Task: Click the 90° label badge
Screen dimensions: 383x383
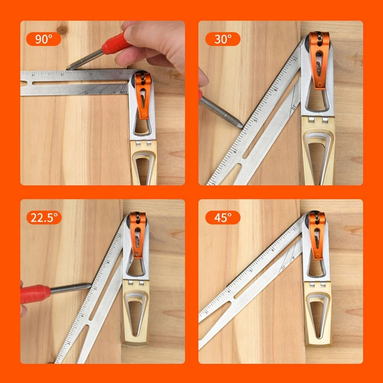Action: coord(43,39)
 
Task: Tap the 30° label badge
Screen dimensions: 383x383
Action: coord(223,39)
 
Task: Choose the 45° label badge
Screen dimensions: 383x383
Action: coord(223,217)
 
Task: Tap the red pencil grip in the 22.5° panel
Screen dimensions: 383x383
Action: coord(35,293)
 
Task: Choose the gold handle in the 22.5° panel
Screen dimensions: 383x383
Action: coord(136,311)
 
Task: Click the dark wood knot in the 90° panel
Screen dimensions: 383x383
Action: coord(62,30)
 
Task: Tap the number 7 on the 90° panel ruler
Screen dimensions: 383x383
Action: coord(120,73)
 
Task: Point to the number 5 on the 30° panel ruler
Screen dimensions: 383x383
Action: coord(256,120)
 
